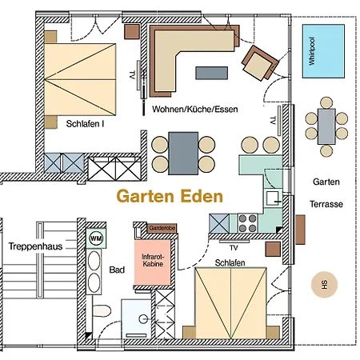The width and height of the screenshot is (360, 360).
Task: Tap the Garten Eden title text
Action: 170,194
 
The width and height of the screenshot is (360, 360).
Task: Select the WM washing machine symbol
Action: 97,238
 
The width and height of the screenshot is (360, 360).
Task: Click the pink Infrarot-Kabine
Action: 153,258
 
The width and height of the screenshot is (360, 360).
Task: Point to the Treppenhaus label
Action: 32,247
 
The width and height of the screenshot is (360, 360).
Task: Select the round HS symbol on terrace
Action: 324,284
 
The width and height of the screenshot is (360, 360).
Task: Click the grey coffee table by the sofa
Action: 212,73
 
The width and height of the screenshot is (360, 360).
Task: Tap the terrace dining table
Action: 326,126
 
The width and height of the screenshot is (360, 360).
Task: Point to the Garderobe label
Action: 161,228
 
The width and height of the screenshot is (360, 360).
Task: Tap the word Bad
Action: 116,270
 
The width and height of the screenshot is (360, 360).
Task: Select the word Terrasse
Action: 327,204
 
